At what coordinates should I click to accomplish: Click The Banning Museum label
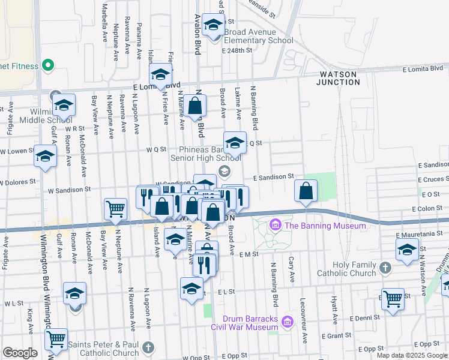click(325, 226)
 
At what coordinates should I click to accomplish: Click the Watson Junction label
click(336, 77)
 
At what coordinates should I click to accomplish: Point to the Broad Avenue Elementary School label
click(259, 36)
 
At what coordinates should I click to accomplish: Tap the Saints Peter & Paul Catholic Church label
click(103, 349)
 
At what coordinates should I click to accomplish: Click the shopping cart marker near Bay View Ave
click(115, 209)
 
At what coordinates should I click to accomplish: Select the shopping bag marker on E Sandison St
click(306, 191)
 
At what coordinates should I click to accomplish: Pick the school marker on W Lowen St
click(45, 157)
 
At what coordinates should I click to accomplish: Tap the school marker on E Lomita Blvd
click(161, 75)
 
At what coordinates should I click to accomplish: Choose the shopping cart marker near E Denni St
click(393, 298)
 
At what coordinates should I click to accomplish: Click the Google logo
click(20, 353)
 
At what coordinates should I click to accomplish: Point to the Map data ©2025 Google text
click(412, 355)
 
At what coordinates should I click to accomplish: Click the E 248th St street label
click(237, 51)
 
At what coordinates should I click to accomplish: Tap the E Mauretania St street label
click(420, 236)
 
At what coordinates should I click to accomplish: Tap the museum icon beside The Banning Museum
click(276, 226)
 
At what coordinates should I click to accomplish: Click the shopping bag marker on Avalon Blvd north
click(196, 106)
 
